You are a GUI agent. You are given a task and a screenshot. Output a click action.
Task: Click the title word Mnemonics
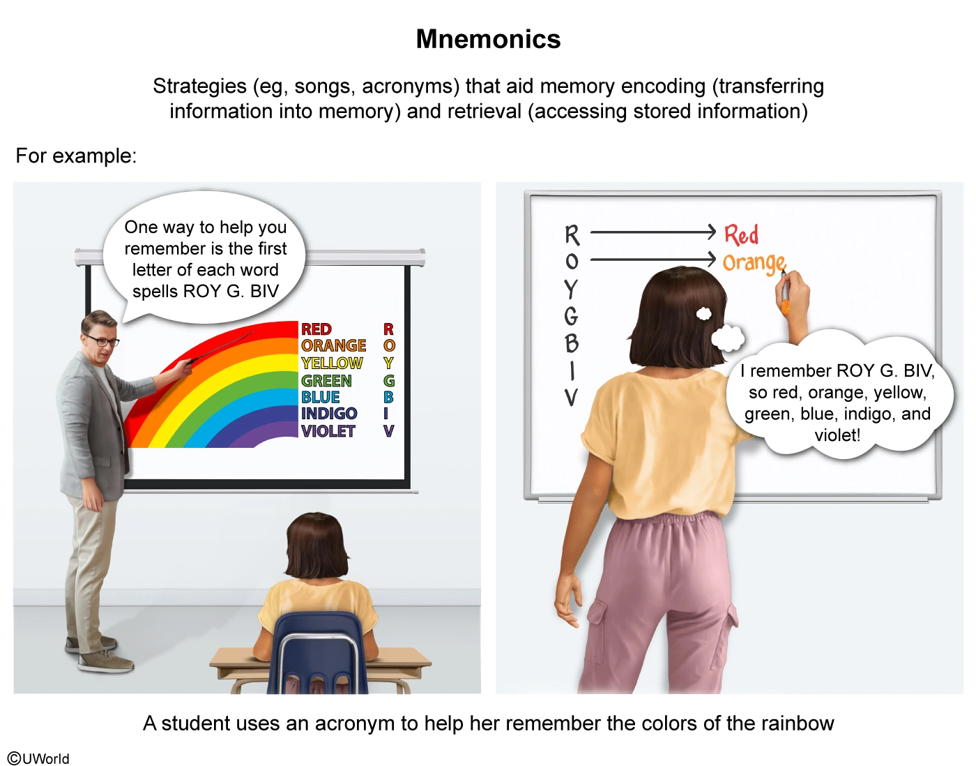[x=488, y=40]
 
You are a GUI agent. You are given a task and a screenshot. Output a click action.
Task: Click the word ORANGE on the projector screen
[x=333, y=346]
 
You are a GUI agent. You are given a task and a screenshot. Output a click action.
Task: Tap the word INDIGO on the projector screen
[x=328, y=414]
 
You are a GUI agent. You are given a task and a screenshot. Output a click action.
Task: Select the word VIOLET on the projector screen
[x=328, y=431]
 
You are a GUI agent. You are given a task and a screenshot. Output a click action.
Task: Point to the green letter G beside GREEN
[x=389, y=381]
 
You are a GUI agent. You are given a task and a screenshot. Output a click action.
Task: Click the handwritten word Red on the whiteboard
[x=741, y=234]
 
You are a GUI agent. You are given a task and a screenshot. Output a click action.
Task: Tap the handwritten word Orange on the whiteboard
[x=754, y=262]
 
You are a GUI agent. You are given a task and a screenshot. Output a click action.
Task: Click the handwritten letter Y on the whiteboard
[x=571, y=288]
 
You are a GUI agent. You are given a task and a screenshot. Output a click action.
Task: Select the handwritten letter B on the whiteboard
[x=572, y=343]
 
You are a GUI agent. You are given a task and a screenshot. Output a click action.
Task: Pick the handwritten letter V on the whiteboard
[x=571, y=398]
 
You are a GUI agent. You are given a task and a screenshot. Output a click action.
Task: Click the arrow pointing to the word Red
[x=653, y=232]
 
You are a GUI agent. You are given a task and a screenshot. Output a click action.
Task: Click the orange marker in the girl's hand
[x=785, y=304]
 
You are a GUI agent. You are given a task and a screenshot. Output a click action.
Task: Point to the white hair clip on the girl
[x=704, y=314]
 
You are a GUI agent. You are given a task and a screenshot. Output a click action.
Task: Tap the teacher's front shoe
[x=107, y=661]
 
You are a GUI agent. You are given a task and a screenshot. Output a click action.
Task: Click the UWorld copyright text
[x=39, y=758]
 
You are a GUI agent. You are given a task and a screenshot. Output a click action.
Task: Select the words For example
[x=76, y=156]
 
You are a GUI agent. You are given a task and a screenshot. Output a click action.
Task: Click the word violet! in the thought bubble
[x=837, y=435]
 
